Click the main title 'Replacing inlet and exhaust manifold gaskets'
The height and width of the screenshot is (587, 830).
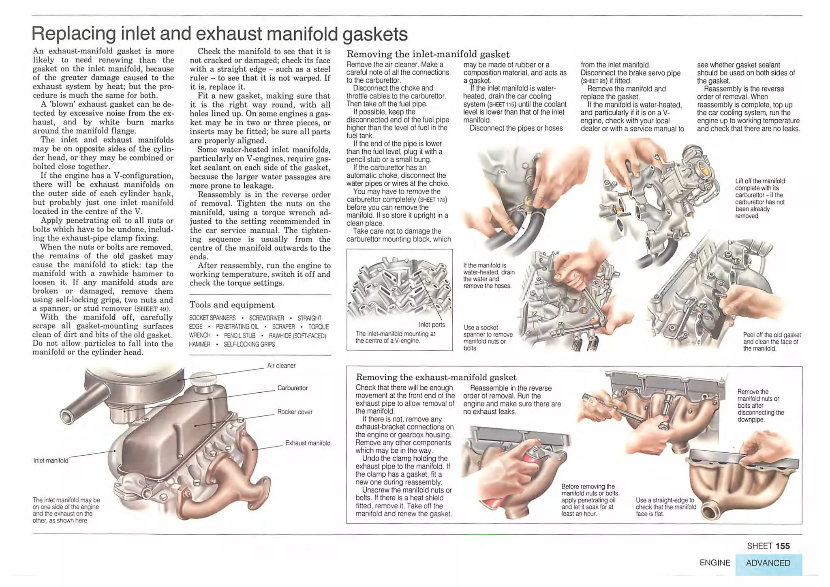coord(219,34)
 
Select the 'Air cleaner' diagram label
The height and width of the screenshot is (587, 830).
coord(281,366)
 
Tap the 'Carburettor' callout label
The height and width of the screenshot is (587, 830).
coord(292,388)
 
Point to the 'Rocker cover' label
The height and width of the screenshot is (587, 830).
coord(295,412)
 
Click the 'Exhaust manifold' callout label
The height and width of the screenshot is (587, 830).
coord(308,443)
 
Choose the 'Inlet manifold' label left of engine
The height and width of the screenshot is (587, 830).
coord(51,460)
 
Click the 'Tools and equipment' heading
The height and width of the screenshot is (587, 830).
coord(231,305)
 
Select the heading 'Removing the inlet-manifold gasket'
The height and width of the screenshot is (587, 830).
coord(428,54)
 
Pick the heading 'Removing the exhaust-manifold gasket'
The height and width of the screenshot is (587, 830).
coord(436,377)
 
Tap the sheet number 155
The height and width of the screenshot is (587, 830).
coord(783,546)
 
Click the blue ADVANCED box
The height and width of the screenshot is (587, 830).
coord(768,563)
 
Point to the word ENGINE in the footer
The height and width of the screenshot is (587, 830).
coord(714,563)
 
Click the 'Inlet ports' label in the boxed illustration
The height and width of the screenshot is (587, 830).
coord(432,325)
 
